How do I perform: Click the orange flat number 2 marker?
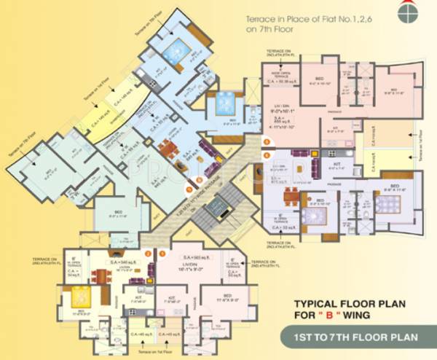pos(148,254)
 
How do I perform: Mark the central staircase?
pos(216,211)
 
